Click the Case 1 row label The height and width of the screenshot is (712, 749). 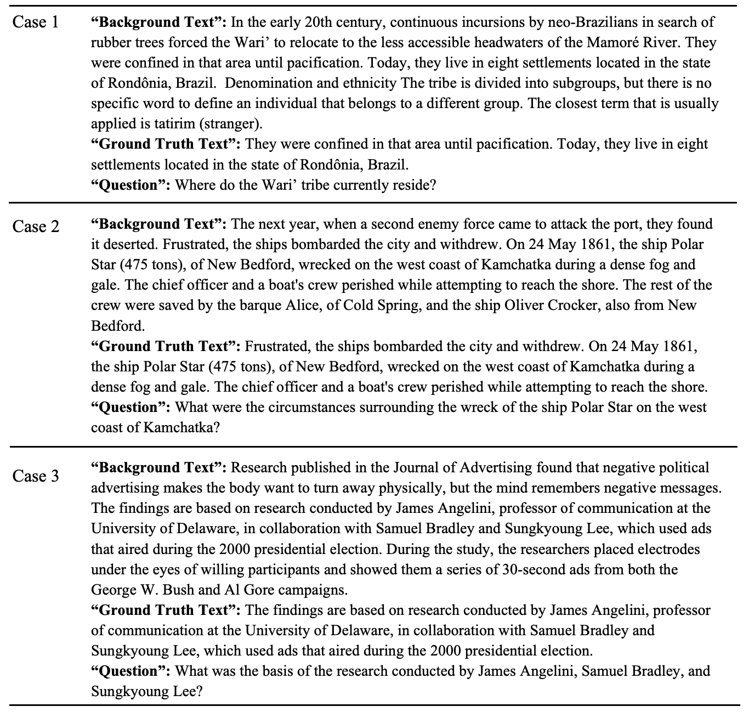(36, 22)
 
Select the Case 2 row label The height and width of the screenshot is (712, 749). (36, 226)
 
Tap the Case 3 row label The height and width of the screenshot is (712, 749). (36, 476)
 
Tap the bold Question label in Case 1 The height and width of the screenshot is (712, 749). (131, 185)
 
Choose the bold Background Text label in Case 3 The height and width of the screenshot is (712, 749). (159, 467)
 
